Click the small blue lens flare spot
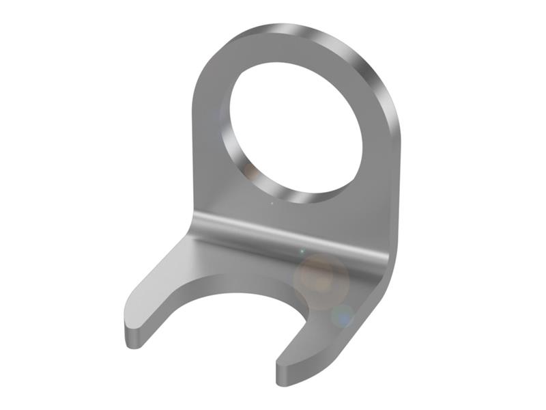pos(342,315)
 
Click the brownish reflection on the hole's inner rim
pos(250,171)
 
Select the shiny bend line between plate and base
pos(287,236)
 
